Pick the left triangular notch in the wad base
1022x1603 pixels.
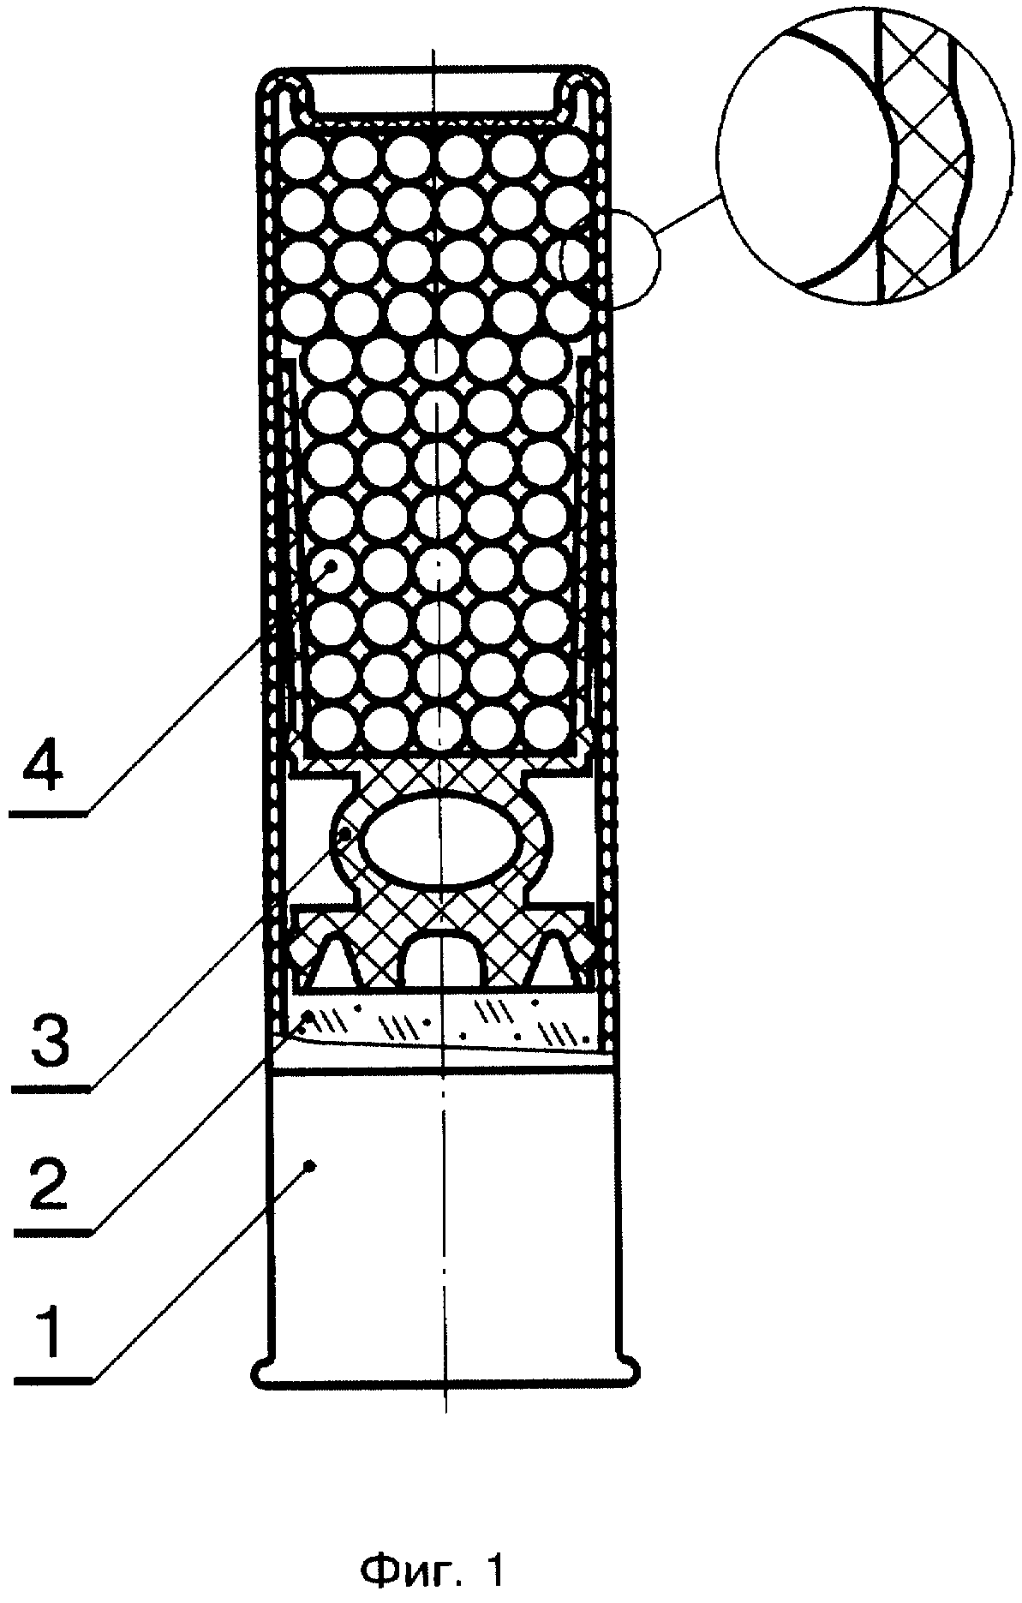[x=336, y=960]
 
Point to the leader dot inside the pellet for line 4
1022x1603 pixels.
[x=331, y=566]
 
